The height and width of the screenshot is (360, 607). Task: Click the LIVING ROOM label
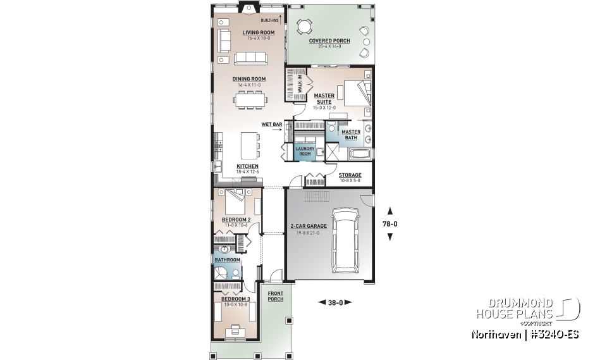[259, 32]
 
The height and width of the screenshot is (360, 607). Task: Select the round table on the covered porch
[305, 27]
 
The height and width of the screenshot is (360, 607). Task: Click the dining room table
[249, 98]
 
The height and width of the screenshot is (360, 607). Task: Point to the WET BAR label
[272, 124]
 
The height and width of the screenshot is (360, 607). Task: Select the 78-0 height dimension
[391, 223]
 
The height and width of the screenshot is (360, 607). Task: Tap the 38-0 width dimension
[334, 302]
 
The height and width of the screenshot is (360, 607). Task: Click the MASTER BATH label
[350, 135]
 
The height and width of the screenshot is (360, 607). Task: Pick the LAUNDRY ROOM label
[305, 151]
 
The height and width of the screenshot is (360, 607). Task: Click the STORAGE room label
[350, 175]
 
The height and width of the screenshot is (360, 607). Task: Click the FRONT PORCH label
[275, 296]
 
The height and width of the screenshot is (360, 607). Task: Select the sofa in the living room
[250, 58]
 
